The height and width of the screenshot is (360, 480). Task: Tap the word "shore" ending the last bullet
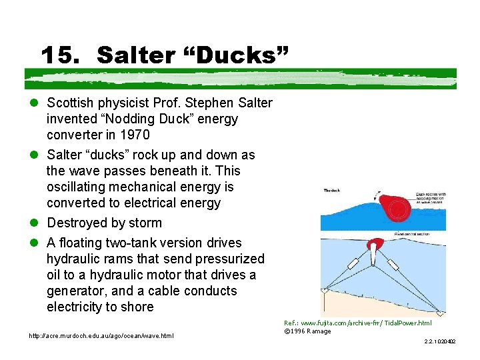pos(136,307)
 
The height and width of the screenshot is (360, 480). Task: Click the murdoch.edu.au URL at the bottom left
pos(101,335)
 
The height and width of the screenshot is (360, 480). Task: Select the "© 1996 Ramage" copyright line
pos(307,331)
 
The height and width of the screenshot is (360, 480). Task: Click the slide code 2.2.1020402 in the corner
pos(439,341)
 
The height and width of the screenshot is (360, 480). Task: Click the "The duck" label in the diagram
pos(331,191)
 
